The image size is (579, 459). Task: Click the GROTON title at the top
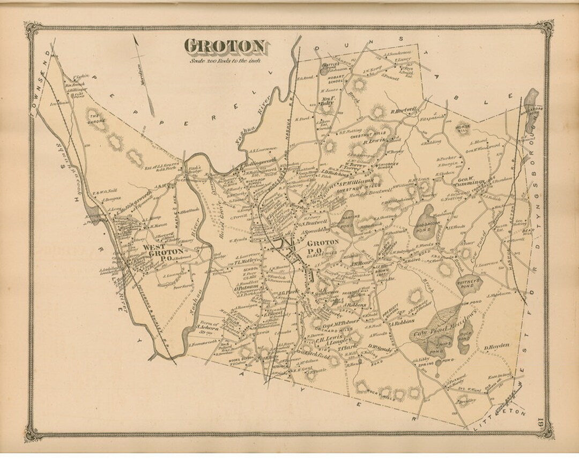[225, 47]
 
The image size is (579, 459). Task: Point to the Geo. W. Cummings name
[471, 180]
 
